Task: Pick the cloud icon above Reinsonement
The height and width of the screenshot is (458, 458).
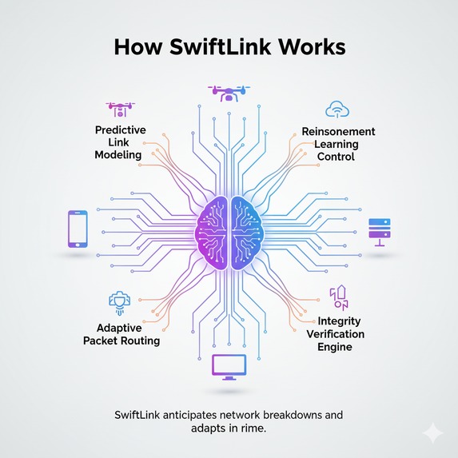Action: (x=335, y=110)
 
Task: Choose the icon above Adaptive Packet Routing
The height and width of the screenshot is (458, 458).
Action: (x=118, y=302)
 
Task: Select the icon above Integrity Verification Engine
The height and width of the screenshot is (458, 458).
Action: (x=339, y=297)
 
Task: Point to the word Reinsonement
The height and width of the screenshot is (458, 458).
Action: (x=338, y=130)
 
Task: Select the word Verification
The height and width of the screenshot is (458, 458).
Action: (x=335, y=334)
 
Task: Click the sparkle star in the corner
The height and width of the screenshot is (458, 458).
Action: (x=433, y=432)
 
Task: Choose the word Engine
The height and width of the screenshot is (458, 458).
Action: (x=335, y=347)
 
